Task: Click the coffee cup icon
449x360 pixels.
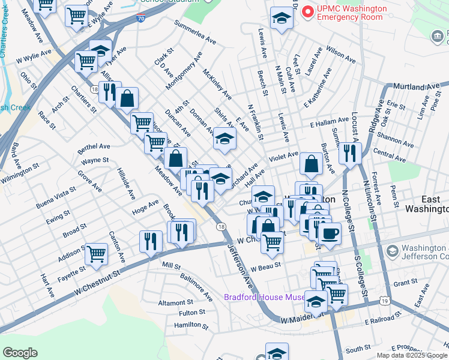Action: [x=330, y=232]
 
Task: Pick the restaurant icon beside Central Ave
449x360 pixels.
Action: [x=349, y=153]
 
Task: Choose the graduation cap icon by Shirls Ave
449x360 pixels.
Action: [x=224, y=139]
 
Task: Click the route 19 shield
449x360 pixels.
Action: [x=384, y=299]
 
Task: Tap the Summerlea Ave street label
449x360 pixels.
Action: [x=194, y=33]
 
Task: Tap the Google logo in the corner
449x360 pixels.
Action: [x=20, y=353]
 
